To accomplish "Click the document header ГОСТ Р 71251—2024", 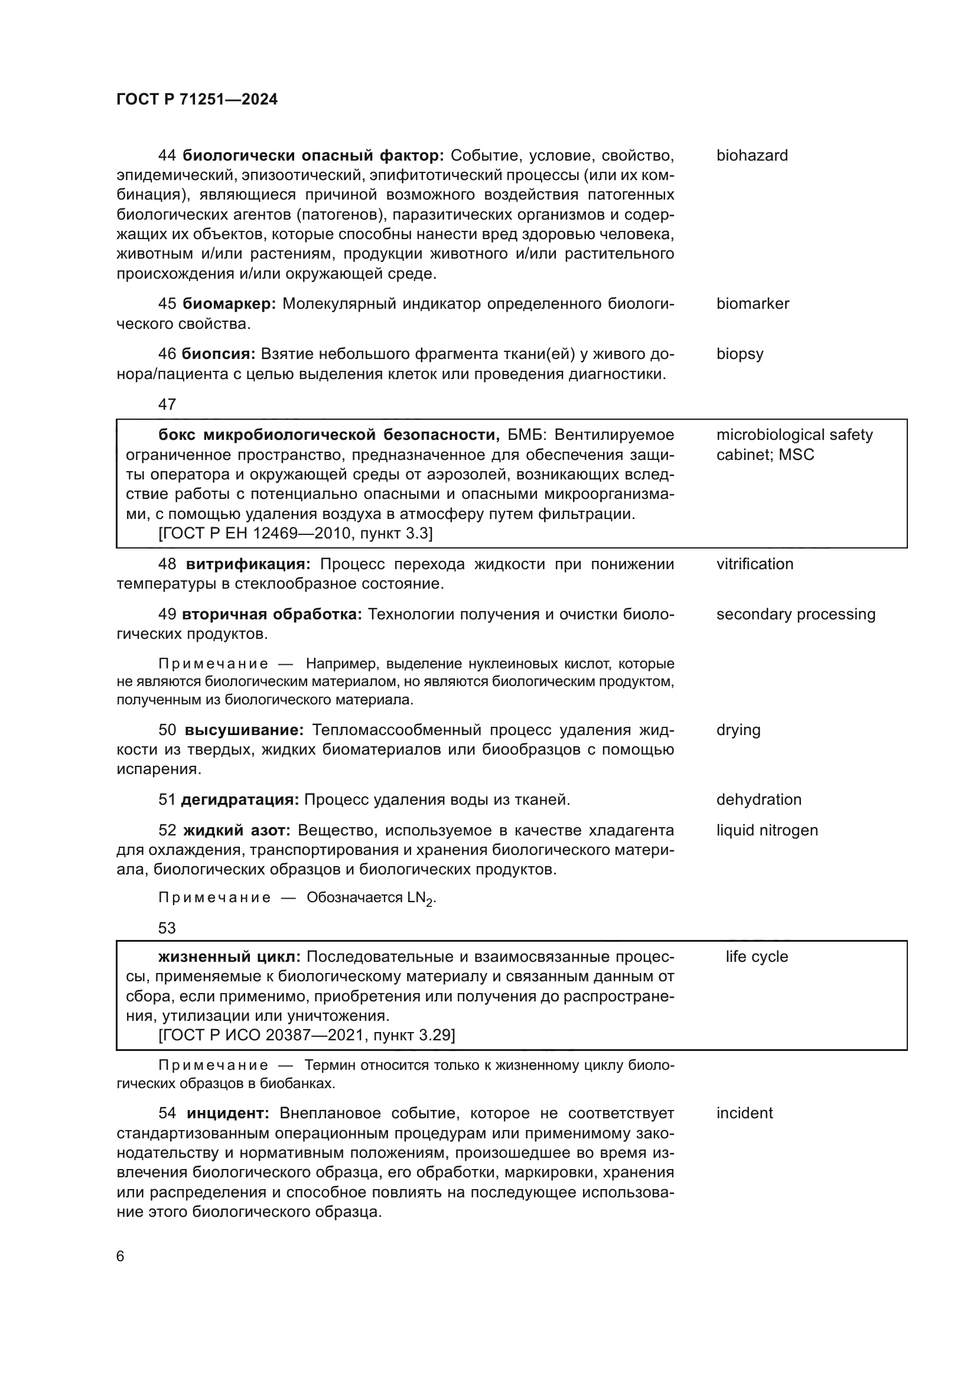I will click(x=197, y=100).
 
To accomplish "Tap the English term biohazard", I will click(x=751, y=156).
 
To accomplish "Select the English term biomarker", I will click(x=752, y=303).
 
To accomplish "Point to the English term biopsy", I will click(x=740, y=354).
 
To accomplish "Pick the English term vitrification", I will click(x=754, y=564).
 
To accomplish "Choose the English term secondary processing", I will click(x=795, y=614).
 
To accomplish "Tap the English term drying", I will click(x=738, y=730).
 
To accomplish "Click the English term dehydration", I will click(x=758, y=799).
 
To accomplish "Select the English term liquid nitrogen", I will click(x=767, y=830).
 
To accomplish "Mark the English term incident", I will click(x=744, y=1113).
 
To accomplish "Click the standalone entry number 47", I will click(x=167, y=404).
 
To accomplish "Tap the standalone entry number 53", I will click(x=167, y=928).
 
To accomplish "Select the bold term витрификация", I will click(x=248, y=564).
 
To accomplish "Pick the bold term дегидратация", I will click(x=239, y=799).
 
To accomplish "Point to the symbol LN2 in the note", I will click(x=419, y=899).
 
